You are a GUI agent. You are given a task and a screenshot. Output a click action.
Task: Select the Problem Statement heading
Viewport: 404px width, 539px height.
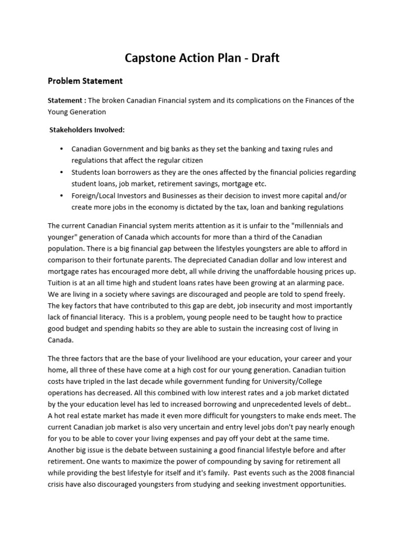[x=85, y=81]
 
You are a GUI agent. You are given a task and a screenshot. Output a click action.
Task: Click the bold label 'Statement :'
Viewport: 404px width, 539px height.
[x=67, y=101]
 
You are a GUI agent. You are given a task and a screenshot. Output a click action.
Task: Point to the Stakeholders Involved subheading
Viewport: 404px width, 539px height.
[x=87, y=129]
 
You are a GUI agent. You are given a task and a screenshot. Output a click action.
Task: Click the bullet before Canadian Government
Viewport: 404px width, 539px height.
[x=62, y=149]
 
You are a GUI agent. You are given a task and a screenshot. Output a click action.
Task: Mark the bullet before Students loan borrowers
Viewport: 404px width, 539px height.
[x=62, y=173]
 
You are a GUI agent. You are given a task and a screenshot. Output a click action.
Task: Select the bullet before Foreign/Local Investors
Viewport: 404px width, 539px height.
[x=62, y=196]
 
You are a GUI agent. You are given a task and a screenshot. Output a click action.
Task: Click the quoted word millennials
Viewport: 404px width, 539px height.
[x=301, y=225]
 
